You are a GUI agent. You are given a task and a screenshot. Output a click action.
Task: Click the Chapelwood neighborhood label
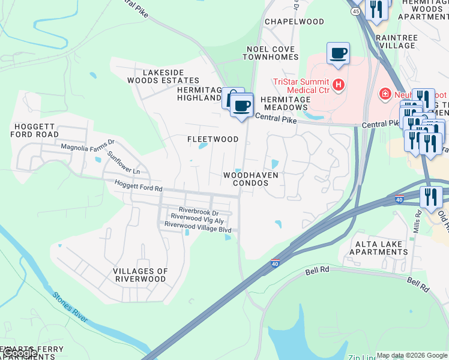point(295,22)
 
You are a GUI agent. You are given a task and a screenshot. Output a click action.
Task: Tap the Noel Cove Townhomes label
point(270,53)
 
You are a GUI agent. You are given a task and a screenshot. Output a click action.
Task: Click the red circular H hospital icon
point(339,85)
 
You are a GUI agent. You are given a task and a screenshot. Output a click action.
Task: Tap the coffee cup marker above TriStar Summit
point(338,53)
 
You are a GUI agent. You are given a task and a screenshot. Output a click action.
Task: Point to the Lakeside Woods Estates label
point(163,76)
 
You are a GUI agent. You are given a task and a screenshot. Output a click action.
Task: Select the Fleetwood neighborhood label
point(212,139)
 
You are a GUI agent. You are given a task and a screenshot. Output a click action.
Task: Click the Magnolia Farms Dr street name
point(88,145)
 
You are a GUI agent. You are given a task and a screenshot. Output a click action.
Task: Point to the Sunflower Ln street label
point(123,163)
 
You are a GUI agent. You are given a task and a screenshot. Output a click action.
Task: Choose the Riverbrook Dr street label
point(198,212)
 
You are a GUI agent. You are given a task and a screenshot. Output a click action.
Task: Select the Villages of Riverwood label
point(139,275)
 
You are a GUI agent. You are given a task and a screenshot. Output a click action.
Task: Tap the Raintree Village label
point(396,41)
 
